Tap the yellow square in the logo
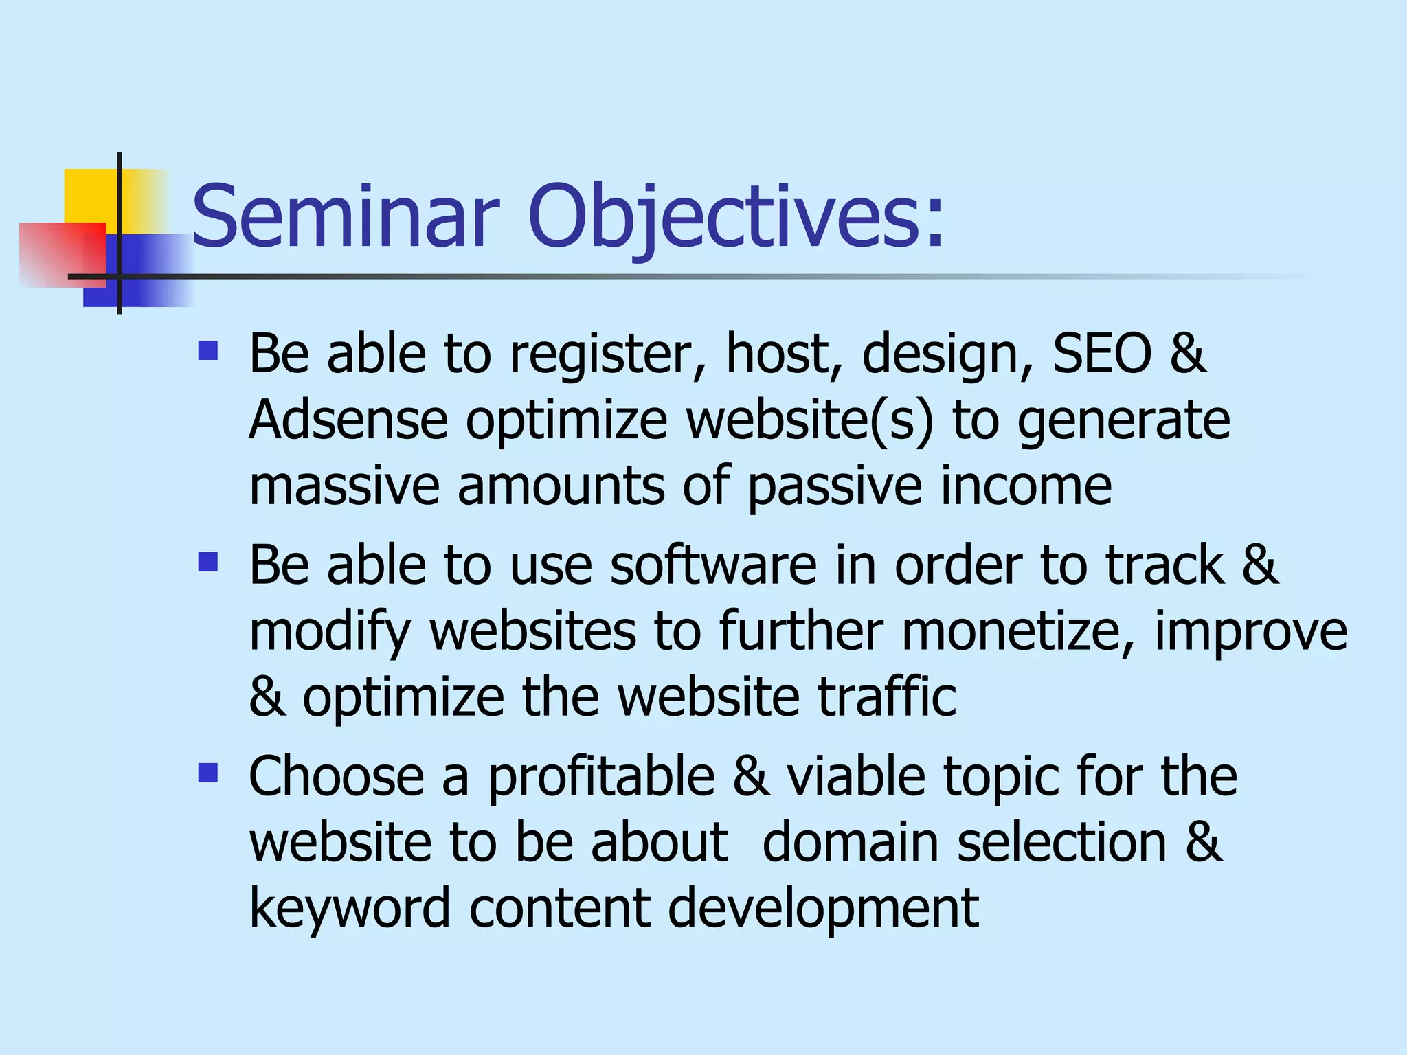(89, 195)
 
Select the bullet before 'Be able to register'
(207, 352)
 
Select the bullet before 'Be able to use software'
(207, 563)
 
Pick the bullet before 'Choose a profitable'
(207, 774)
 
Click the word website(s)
(811, 420)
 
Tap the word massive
(344, 486)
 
